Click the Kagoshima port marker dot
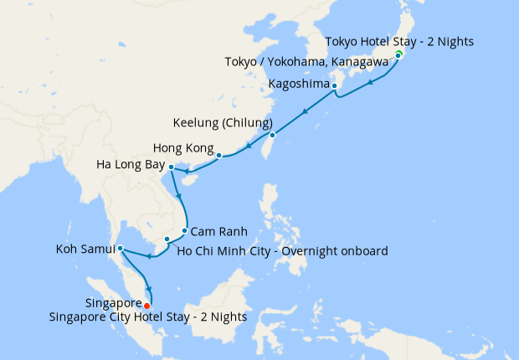click(x=334, y=86)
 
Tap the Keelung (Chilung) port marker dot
click(x=272, y=135)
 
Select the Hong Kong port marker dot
click(x=218, y=156)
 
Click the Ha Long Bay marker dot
click(x=171, y=167)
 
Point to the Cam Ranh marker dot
click(x=184, y=230)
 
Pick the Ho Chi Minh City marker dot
click(x=167, y=239)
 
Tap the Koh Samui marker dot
click(x=121, y=249)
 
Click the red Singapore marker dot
click(x=147, y=305)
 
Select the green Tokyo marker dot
click(x=398, y=54)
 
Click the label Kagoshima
click(x=297, y=85)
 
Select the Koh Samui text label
click(x=85, y=249)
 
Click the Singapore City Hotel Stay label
click(x=166, y=316)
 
